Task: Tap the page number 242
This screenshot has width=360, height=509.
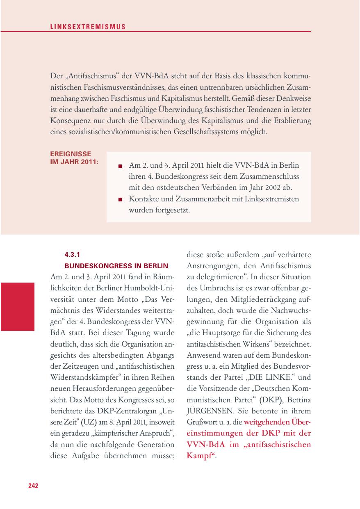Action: pyautogui.click(x=33, y=486)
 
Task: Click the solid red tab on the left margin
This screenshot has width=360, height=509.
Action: pyautogui.click(x=17, y=306)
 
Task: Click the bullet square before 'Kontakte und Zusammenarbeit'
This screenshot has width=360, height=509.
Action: pyautogui.click(x=120, y=200)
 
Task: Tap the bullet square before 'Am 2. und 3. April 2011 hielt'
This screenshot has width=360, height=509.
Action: pyautogui.click(x=120, y=167)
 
